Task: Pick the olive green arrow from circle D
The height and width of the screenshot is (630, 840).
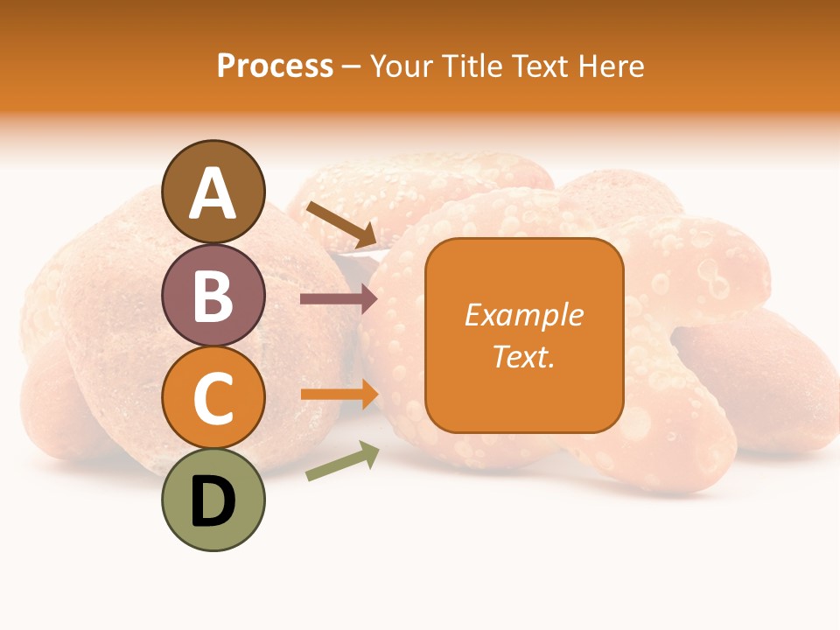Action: [342, 461]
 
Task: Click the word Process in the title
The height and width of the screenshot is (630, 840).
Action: [275, 66]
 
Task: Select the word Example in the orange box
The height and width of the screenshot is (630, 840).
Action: [523, 315]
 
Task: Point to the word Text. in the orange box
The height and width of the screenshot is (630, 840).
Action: [523, 357]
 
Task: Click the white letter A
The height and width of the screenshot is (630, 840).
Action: [213, 192]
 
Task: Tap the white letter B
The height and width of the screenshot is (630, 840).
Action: [213, 295]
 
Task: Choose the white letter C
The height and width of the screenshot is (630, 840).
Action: [213, 398]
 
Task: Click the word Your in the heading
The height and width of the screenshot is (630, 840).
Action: [400, 66]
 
